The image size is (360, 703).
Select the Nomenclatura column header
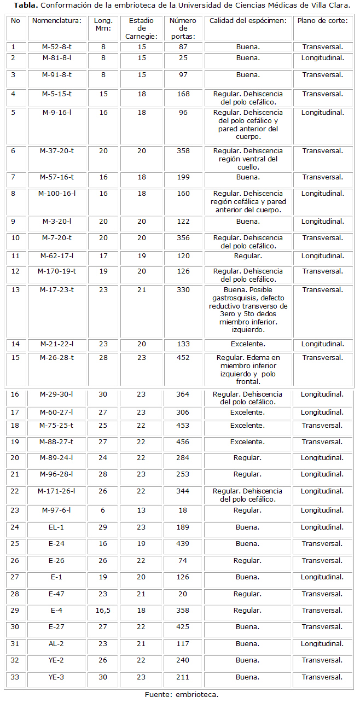pos(57,21)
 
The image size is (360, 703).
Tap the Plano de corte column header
pos(323,21)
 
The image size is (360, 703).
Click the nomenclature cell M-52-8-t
pos(57,47)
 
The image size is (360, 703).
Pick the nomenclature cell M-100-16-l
pos(57,194)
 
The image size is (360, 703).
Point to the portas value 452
pos(183,358)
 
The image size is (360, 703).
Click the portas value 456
pos(183,442)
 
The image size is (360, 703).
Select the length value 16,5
pos(103,611)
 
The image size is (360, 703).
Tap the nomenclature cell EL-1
pos(57,527)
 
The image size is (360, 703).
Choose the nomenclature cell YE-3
pos(57,677)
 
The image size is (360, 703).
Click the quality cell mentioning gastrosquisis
pos(248,310)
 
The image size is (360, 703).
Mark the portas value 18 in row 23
pos(183,510)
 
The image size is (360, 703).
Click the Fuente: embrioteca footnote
pos(182,695)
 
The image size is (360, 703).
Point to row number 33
pos(15,677)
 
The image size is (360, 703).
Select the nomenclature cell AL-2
pos(57,644)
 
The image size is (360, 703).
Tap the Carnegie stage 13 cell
pos(141,510)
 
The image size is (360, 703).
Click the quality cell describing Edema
pos(248,369)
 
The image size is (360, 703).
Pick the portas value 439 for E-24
pos(183,544)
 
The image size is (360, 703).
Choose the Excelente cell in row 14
pos(248,344)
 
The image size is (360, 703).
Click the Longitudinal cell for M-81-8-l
pos(323,57)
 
